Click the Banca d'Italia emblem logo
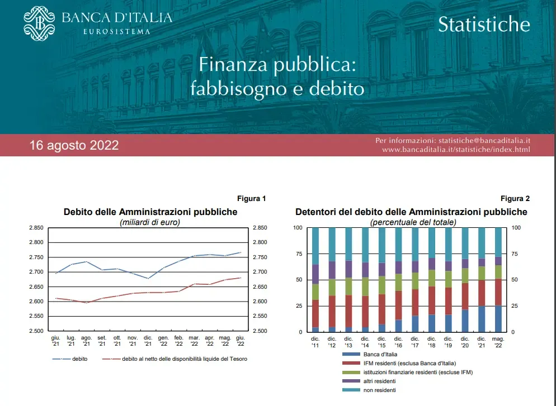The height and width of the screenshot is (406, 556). pos(40,23)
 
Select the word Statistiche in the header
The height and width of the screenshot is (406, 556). pos(484,24)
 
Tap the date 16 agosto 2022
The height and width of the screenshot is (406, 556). pos(74,145)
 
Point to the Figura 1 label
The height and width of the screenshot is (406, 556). pos(251,198)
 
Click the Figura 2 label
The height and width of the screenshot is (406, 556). pos(515,198)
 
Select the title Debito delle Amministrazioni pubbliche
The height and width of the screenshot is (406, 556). pos(150,212)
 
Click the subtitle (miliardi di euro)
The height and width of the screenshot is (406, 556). pos(150,222)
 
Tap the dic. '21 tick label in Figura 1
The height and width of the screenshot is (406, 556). pos(148,341)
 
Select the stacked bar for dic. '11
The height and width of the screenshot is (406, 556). pos(315,280)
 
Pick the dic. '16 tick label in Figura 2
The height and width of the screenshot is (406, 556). pos(398,341)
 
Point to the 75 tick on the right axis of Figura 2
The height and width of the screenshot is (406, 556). pos(516,254)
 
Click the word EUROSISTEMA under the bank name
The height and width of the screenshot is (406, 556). pos(116,32)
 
